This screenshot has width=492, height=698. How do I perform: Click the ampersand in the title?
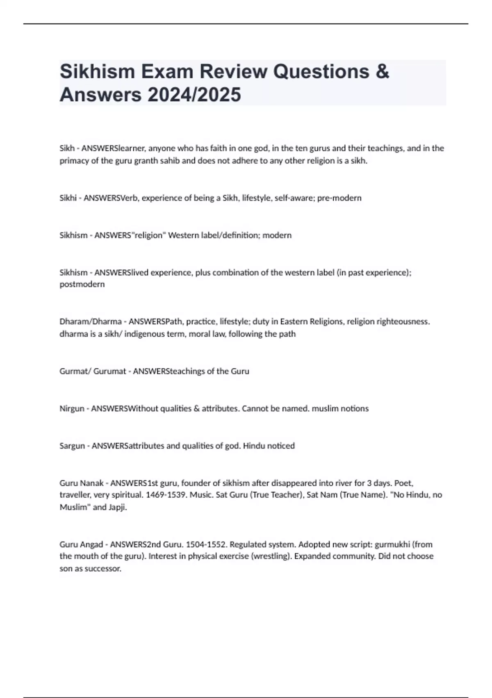[x=382, y=71]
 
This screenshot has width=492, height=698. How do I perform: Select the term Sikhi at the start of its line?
[x=68, y=198]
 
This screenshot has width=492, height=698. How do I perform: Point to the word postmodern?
[x=82, y=284]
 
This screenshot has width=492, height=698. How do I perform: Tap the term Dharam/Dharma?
[x=91, y=321]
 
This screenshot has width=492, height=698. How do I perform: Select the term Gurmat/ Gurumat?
[x=93, y=371]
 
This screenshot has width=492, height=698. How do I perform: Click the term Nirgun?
[x=72, y=409]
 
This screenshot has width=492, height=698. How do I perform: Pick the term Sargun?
[x=72, y=446]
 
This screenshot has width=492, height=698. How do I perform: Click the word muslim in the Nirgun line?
[x=324, y=409]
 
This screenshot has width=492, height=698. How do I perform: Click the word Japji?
[x=118, y=507]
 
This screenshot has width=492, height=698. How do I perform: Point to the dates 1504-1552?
[x=206, y=544]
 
